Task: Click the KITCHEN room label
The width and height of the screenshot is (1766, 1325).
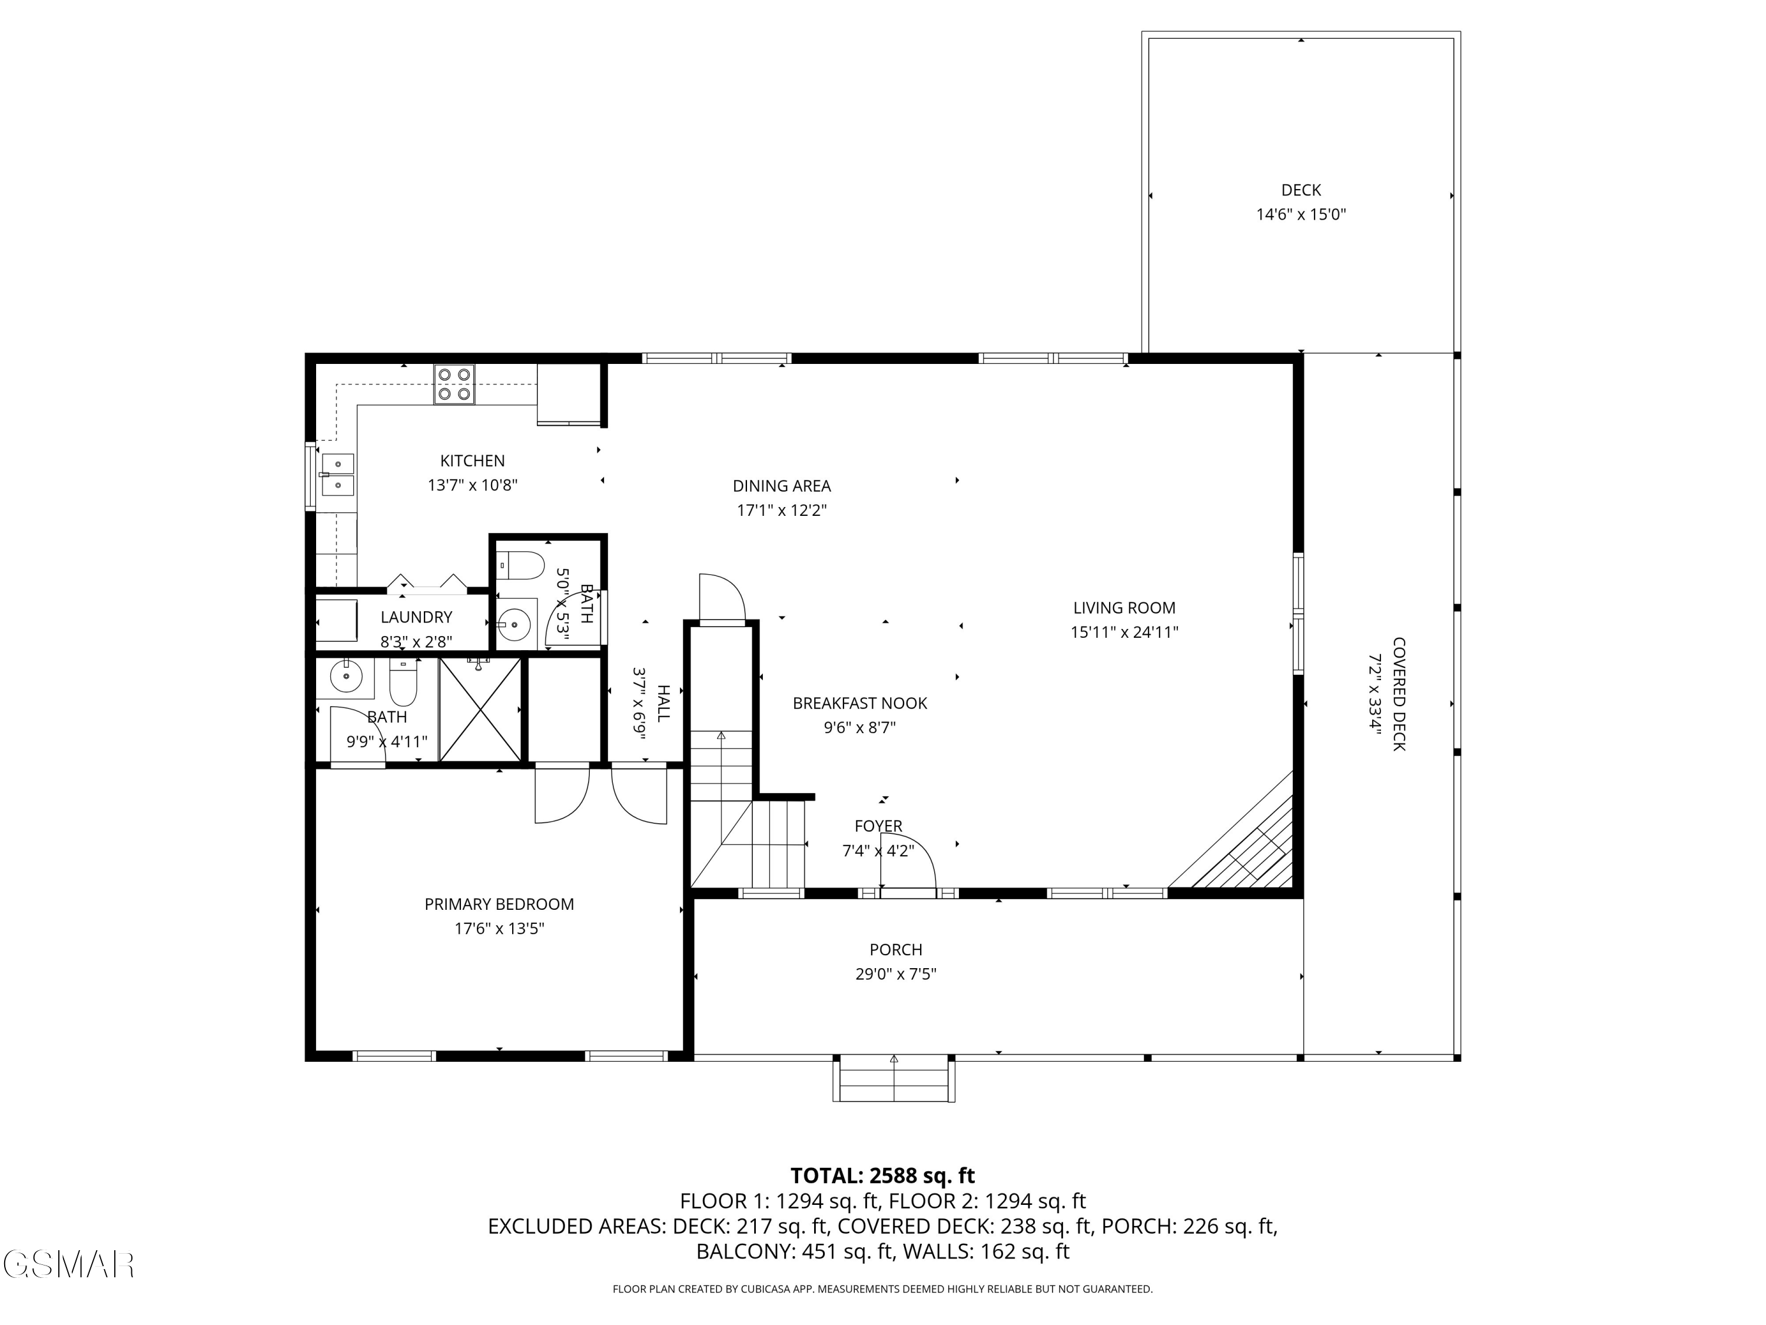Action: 472,461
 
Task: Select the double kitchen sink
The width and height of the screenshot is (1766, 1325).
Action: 337,475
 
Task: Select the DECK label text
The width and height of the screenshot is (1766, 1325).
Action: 1300,190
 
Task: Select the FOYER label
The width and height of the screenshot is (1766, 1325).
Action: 878,826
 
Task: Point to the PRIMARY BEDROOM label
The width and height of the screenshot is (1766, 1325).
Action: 499,904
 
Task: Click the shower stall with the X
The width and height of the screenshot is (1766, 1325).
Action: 480,709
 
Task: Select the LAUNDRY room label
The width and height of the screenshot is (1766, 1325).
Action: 416,617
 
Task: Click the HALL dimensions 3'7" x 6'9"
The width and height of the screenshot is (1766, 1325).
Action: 639,703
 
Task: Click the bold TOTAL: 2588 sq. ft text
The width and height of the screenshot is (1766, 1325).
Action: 882,1175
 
